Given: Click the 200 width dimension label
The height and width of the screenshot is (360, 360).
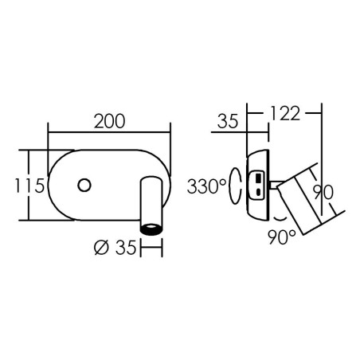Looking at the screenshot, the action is pos(109,122).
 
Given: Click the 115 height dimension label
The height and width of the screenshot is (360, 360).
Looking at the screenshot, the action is pos(29,186).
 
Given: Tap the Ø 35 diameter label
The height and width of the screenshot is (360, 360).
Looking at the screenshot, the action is pos(115,248).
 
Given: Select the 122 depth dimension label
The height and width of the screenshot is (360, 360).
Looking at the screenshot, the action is pos(285,113).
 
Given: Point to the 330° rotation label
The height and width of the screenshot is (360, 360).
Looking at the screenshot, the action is pos(207,186).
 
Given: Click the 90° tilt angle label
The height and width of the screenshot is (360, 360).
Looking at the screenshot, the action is pos(282,237).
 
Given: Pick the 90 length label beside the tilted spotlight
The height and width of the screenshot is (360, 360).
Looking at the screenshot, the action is pos(323,192).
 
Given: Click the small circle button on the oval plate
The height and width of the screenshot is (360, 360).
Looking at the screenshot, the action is pos(84,185).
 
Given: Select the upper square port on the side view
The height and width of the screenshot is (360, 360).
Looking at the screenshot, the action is pos(258,178).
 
